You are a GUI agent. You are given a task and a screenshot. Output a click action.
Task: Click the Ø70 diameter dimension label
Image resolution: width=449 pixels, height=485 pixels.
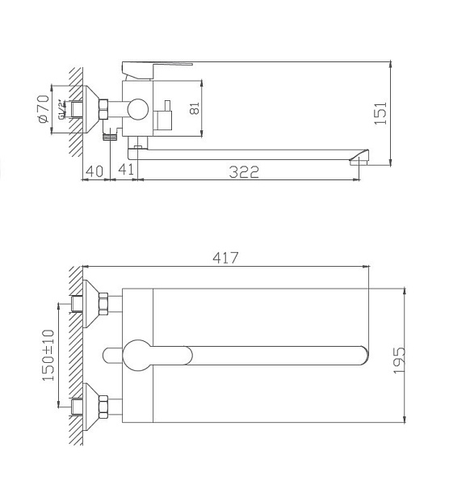(x=44, y=107)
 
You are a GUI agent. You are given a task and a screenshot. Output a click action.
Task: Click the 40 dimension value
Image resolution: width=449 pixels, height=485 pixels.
(x=94, y=171)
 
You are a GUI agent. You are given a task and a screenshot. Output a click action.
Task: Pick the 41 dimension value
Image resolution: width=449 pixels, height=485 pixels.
(x=125, y=171)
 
